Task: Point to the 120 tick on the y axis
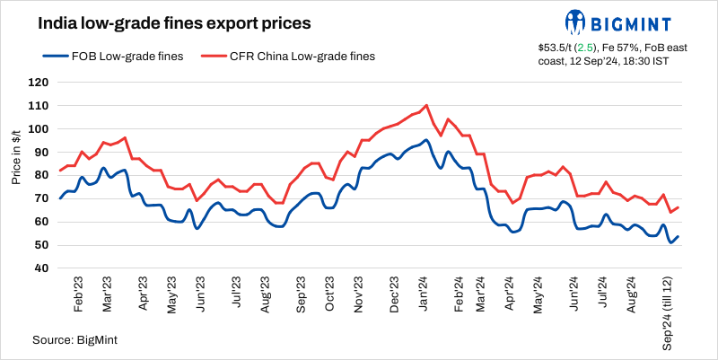coord(38,83)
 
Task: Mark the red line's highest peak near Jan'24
coord(426,105)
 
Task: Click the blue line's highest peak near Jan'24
coord(426,140)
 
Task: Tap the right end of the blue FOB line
coord(678,237)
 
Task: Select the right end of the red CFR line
coord(678,208)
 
